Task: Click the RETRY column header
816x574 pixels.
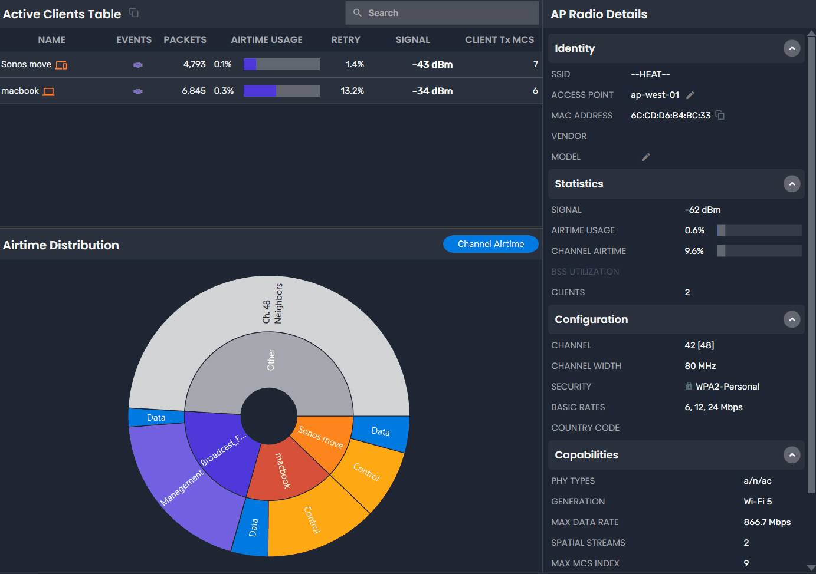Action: point(346,40)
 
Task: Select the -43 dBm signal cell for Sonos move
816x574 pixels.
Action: point(432,65)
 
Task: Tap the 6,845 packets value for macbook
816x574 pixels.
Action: point(194,91)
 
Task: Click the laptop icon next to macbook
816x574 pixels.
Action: point(49,91)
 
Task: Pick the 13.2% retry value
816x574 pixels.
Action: point(352,91)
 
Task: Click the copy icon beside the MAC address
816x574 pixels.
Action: point(720,115)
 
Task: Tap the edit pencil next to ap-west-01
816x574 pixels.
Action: point(690,95)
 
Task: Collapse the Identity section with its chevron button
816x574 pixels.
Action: point(792,48)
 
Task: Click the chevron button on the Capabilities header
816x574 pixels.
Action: point(792,455)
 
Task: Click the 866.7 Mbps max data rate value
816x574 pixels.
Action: point(767,522)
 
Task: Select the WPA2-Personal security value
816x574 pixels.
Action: point(727,387)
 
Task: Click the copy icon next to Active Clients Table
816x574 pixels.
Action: point(134,12)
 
